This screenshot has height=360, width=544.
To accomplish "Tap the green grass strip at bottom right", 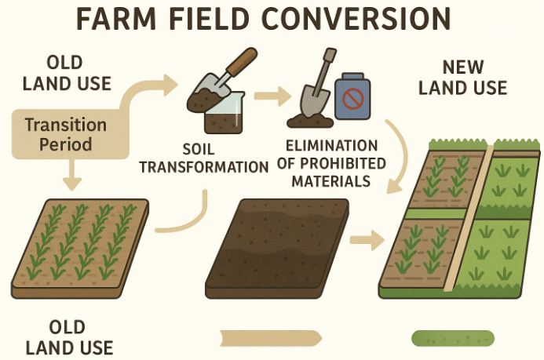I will (453, 339).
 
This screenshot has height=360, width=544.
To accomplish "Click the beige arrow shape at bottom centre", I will (271, 339).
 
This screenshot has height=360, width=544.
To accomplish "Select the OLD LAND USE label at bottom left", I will (69, 338).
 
